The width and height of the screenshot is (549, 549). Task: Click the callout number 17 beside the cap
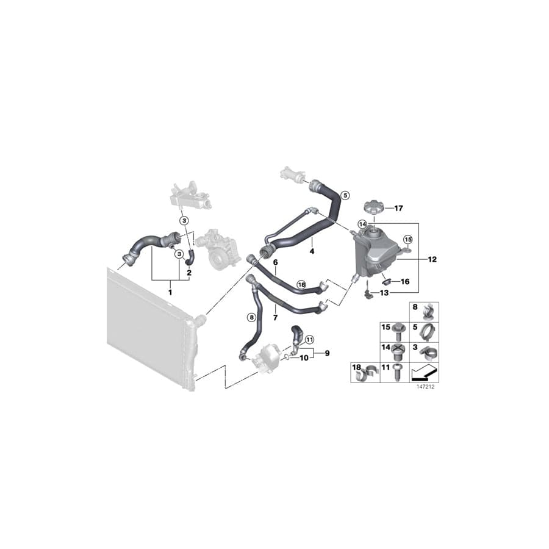pos(398,209)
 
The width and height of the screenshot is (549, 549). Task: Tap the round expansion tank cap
pos(371,207)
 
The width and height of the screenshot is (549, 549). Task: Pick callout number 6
pos(275,262)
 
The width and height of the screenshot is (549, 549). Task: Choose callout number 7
pos(275,318)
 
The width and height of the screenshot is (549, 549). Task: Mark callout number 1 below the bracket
pos(170,293)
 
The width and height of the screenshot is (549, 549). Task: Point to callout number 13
pos(384,293)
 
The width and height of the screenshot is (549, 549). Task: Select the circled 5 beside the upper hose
pos(345,196)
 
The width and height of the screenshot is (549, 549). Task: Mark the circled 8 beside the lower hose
pos(250,317)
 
